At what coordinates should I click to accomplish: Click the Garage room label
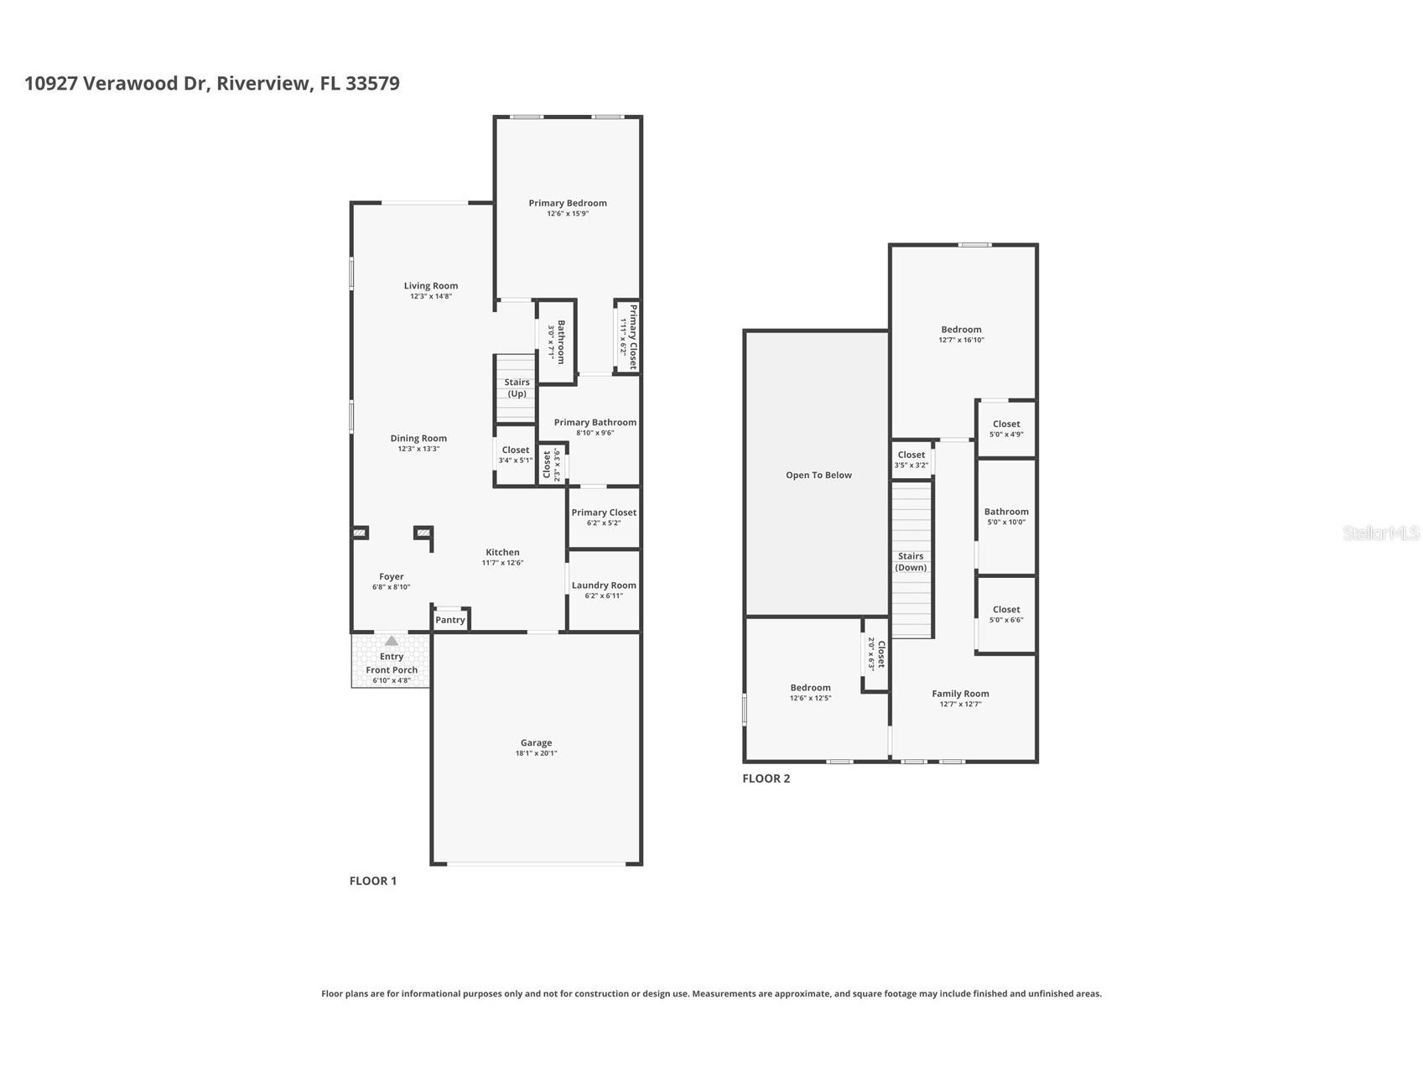tap(536, 742)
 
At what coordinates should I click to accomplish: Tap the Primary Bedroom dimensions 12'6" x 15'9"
tap(568, 214)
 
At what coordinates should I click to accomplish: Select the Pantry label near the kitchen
tap(450, 620)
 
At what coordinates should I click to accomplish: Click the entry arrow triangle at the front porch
tap(392, 641)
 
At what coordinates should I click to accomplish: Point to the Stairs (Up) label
tap(517, 388)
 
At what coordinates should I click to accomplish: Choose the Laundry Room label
tap(604, 586)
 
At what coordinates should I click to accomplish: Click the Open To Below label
tap(818, 475)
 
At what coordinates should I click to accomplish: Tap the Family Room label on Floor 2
tap(960, 694)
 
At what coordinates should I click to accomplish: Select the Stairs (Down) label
tap(911, 561)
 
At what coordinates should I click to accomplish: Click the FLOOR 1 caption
tap(372, 881)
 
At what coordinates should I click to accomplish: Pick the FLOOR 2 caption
tap(766, 778)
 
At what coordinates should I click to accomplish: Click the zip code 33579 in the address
tap(372, 83)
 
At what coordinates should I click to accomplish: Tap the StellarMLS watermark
tap(1380, 533)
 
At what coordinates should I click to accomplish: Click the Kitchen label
tap(502, 552)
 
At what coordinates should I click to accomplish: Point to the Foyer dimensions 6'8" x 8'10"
tap(392, 587)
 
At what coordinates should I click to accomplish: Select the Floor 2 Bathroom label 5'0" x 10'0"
tap(1006, 512)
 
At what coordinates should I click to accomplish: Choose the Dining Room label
tap(418, 438)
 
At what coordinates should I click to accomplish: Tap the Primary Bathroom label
tap(595, 423)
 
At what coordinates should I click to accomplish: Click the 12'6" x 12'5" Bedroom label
tap(810, 688)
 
